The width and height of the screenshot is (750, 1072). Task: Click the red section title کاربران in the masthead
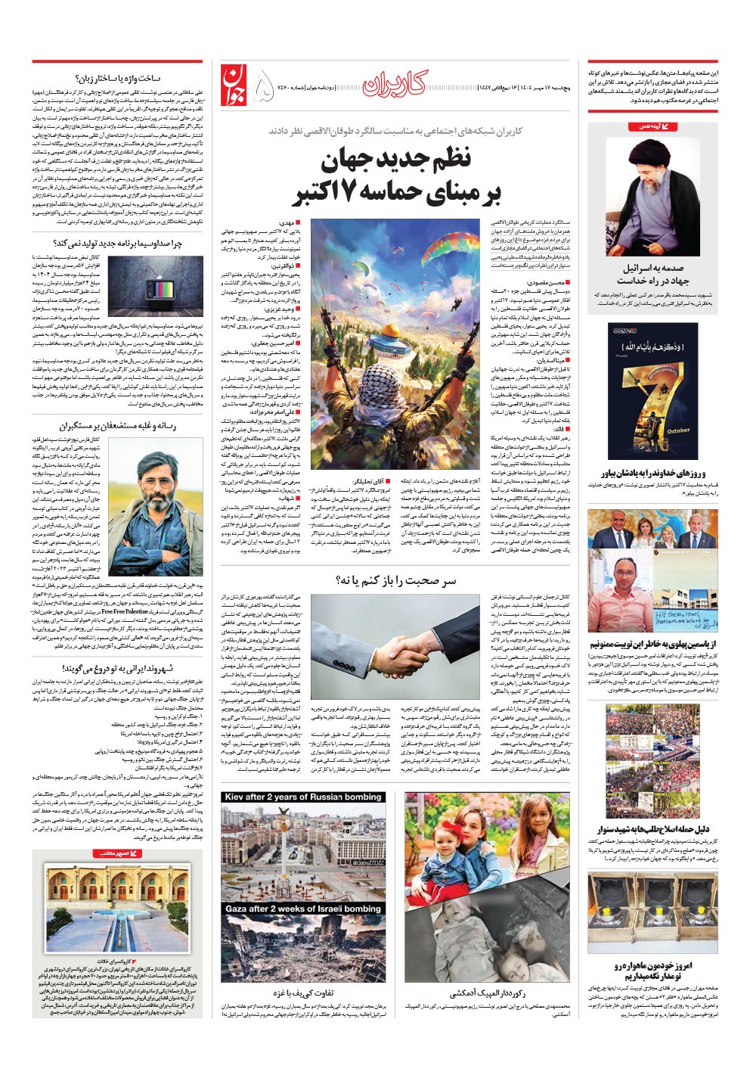click(394, 85)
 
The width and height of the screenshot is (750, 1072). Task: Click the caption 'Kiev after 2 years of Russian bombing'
click(302, 797)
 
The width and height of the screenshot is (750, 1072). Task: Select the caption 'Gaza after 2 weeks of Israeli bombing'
click(302, 909)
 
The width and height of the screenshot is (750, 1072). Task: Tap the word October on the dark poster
click(678, 430)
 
